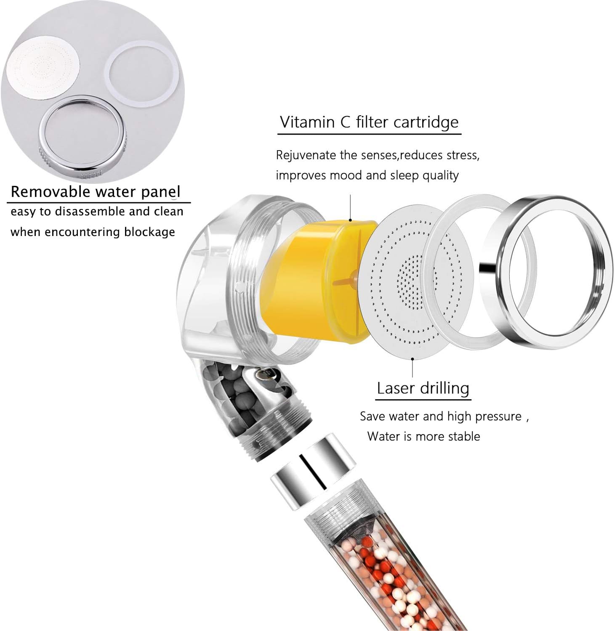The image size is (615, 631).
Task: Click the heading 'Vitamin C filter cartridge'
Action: [x=369, y=122]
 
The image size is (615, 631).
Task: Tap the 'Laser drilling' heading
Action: [x=423, y=388]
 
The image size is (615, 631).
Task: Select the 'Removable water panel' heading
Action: [x=96, y=192]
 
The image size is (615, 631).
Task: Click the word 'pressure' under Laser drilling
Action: [x=499, y=416]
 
